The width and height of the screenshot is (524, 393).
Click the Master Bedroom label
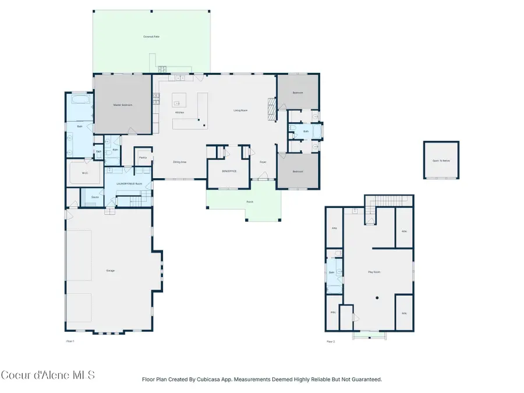[x=122, y=105]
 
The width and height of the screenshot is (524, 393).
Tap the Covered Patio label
[x=151, y=37]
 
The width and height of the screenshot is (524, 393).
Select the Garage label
[x=110, y=271]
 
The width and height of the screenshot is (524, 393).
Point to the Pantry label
[x=143, y=157]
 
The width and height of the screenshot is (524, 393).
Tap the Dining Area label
[x=179, y=162]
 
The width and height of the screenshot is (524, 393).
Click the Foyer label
[x=263, y=162]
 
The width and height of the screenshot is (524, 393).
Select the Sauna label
[x=94, y=197]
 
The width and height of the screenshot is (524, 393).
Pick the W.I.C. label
[x=84, y=172]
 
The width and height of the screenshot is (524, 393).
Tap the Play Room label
[x=373, y=271]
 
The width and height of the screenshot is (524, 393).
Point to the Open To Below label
[x=440, y=160]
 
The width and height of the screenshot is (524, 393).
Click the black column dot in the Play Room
[x=377, y=298]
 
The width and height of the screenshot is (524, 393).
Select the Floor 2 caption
[x=330, y=341]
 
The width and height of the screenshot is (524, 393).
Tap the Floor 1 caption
[x=70, y=341]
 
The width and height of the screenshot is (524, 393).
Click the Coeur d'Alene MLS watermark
[x=47, y=375]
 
